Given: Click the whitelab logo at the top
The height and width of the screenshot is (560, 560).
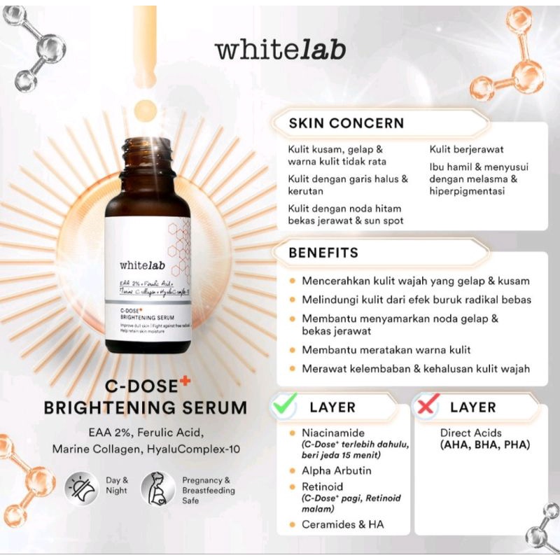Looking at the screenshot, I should pos(280,51).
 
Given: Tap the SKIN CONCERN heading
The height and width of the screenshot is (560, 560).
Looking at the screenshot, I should pos(346,123).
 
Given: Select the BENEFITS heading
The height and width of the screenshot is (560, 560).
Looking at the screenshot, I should pos(323,252).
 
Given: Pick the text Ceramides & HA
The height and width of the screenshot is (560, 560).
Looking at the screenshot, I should pos(338,524).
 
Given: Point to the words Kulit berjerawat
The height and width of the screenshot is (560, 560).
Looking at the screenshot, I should pos(467,149).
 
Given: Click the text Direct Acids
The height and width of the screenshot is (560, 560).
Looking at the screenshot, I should pos(470,433).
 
